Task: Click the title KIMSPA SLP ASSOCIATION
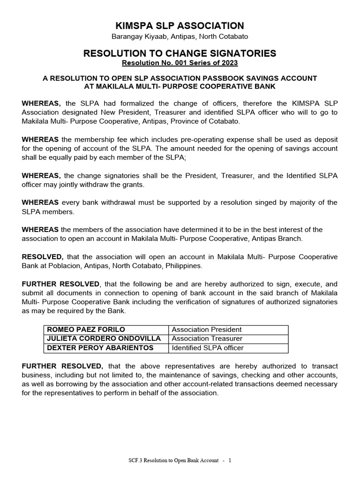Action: coord(180,26)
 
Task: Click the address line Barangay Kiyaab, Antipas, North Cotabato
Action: coord(180,37)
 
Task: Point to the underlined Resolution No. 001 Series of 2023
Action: coord(180,63)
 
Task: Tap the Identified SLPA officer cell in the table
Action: coord(208,348)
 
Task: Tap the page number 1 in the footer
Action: coord(230,460)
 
